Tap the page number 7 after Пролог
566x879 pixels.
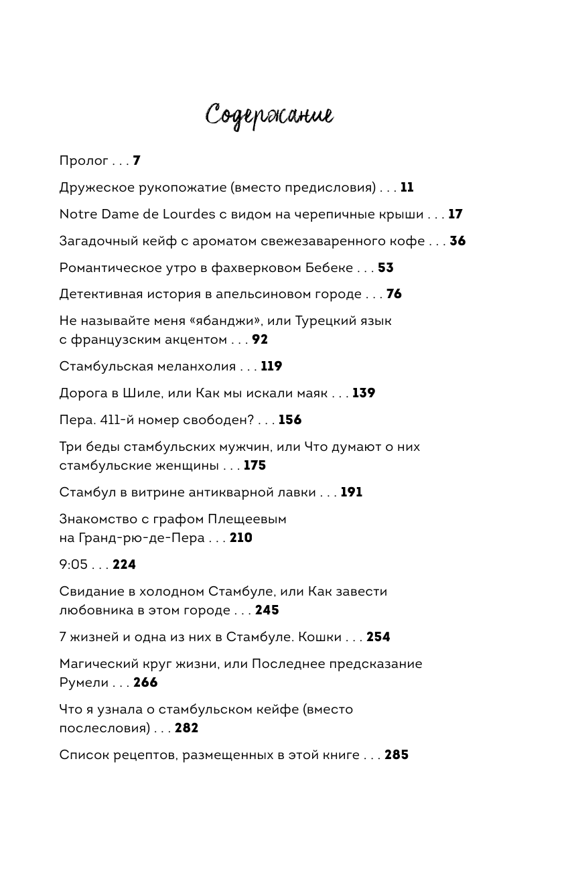tap(137, 161)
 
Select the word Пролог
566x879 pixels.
tap(84, 161)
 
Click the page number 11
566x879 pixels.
tap(407, 188)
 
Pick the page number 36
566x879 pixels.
tap(457, 241)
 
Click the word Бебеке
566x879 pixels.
tap(330, 268)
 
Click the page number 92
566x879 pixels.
tap(260, 340)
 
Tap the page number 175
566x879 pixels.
tap(255, 466)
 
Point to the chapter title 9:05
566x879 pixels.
tap(74, 565)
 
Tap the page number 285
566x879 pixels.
tap(397, 755)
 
